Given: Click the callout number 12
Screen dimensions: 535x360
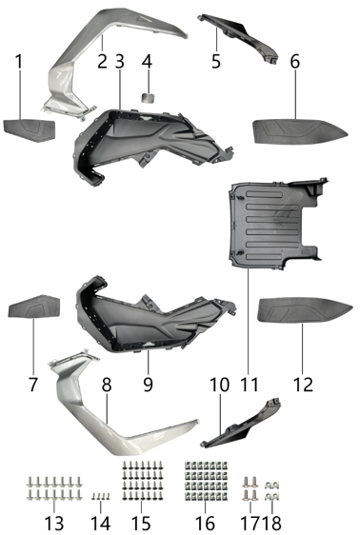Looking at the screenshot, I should (305, 386).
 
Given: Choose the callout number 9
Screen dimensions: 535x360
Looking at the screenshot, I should (148, 386).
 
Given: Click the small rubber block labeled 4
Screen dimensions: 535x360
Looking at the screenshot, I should (148, 95).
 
